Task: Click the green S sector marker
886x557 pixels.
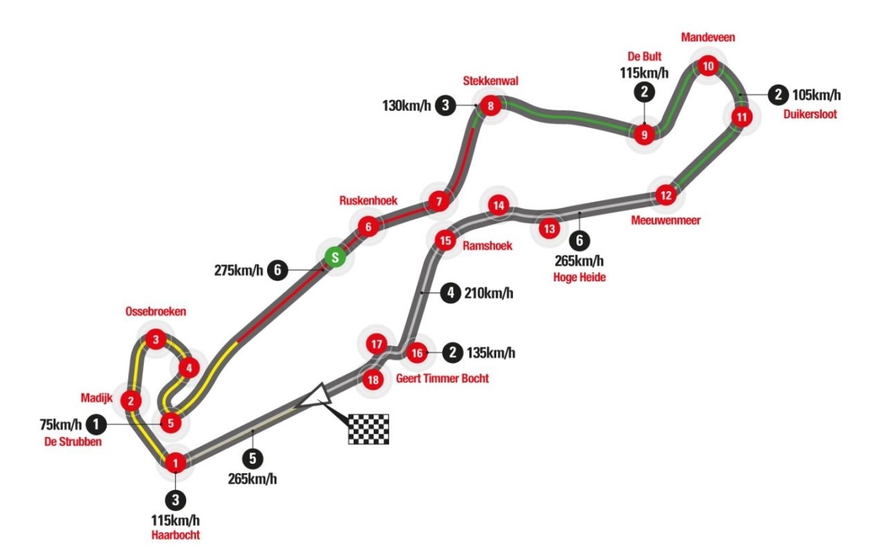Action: click(x=335, y=257)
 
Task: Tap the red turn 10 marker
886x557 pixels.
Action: click(x=708, y=66)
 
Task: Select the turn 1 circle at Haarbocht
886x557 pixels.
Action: click(x=176, y=463)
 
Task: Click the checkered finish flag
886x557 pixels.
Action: click(x=368, y=429)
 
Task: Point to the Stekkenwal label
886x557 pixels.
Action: click(x=491, y=81)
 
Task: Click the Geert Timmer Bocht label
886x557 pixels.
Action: click(x=442, y=378)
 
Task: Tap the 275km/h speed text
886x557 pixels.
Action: click(x=239, y=270)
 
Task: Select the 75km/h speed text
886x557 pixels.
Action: click(x=60, y=425)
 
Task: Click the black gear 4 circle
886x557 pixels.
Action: click(x=451, y=293)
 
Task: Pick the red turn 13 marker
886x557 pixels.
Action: click(x=550, y=229)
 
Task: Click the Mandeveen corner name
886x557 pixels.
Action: click(x=708, y=37)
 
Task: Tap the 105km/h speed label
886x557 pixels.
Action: click(x=816, y=95)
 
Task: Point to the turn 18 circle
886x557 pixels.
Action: click(x=373, y=380)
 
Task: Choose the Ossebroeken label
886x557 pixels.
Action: click(x=156, y=312)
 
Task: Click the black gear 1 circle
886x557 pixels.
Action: click(x=96, y=425)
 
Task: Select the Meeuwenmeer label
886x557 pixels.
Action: click(x=666, y=220)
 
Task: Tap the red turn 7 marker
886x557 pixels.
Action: click(x=439, y=202)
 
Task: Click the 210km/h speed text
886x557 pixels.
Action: click(x=489, y=293)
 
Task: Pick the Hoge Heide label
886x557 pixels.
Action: click(x=579, y=278)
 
